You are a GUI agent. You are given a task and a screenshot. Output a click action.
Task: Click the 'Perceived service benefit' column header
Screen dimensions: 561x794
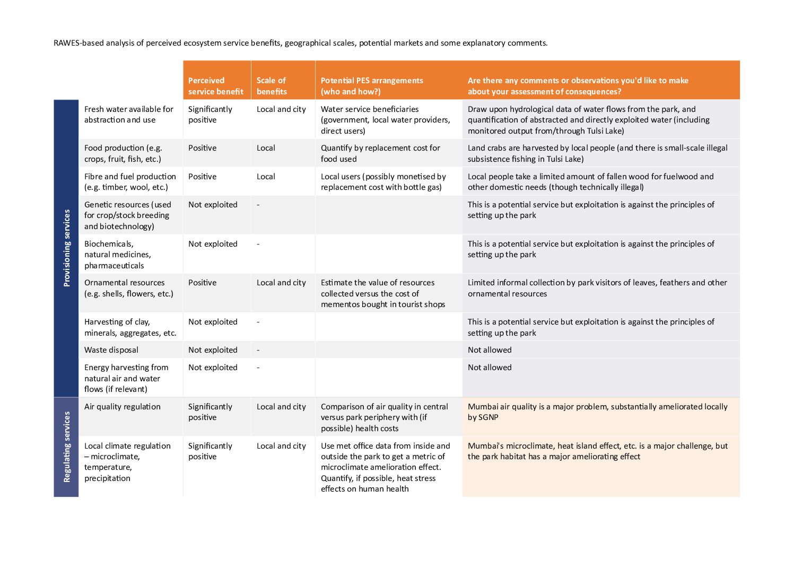215,86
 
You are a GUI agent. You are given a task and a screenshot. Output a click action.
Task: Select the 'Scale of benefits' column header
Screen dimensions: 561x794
272,86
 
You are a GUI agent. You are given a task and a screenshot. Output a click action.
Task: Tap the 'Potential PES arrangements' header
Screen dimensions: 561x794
372,86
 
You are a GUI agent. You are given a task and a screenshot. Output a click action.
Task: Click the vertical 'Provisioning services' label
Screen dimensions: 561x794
66,248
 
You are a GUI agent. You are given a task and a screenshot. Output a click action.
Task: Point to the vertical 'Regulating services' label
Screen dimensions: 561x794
66,447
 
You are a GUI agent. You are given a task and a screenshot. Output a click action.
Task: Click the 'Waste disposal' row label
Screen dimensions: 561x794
111,350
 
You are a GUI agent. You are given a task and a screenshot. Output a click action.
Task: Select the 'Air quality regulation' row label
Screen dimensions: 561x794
123,407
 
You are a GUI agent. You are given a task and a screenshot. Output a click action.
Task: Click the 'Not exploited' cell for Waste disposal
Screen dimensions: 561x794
213,350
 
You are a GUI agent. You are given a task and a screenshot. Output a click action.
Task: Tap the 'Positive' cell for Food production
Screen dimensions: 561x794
202,148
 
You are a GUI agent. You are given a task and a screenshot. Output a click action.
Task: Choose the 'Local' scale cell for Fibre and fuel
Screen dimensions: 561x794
266,177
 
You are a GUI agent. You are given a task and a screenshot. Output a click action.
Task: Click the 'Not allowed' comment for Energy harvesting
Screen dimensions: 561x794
490,367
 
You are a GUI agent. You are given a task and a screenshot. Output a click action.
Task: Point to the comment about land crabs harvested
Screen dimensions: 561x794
597,153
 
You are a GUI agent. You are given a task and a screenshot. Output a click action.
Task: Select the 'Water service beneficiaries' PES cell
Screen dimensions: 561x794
385,120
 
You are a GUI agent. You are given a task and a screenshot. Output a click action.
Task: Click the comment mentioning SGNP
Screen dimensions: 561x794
597,412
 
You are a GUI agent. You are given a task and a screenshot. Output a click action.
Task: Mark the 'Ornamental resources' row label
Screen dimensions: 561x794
129,288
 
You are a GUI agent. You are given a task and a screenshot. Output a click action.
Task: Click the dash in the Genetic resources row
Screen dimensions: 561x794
258,205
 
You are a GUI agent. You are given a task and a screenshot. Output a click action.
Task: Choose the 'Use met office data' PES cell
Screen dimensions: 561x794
385,467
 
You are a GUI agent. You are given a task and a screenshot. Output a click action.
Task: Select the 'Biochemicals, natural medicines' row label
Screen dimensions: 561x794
118,255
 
